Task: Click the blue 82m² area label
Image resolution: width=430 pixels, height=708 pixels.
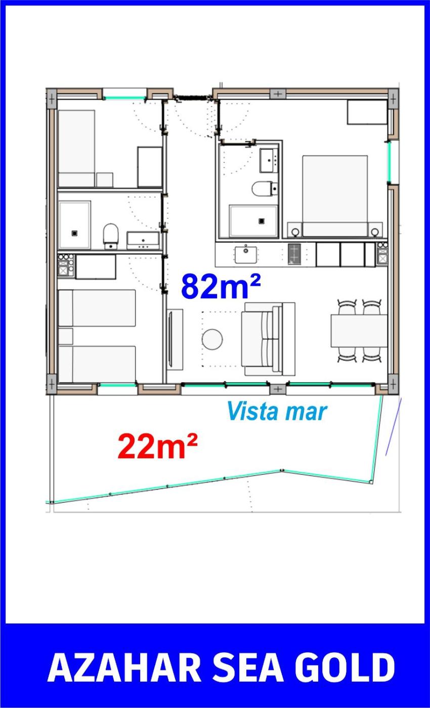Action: click(x=221, y=286)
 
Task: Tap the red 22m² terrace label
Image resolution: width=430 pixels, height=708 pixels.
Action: click(x=157, y=446)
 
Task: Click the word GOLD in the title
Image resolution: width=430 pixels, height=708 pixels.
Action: click(x=345, y=668)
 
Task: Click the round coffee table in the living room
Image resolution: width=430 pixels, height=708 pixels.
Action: click(x=212, y=339)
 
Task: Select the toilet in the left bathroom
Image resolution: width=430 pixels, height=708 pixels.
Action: click(x=111, y=236)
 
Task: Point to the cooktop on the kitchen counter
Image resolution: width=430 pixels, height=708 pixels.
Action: click(x=294, y=254)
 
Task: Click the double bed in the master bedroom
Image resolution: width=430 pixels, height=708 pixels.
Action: click(x=335, y=196)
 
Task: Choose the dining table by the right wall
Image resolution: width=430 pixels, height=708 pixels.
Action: click(x=359, y=331)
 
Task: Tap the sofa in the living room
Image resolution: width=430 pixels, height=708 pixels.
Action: click(x=268, y=339)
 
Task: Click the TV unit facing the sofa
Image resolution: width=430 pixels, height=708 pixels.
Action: click(x=175, y=339)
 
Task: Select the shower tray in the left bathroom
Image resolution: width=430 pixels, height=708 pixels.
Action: click(x=75, y=225)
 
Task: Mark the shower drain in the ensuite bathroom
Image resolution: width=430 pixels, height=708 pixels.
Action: click(x=262, y=221)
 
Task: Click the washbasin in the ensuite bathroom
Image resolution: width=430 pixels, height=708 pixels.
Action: click(x=269, y=161)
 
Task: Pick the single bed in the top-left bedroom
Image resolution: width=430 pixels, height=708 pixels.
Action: click(x=76, y=148)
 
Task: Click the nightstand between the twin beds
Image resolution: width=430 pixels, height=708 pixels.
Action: click(x=66, y=336)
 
